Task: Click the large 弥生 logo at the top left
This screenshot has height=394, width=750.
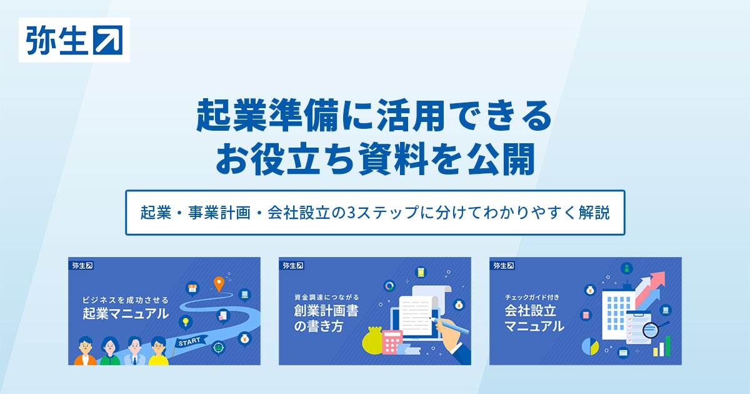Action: point(74,40)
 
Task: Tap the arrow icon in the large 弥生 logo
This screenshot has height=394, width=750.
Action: point(107,40)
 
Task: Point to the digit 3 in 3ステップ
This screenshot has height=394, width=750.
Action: point(352,213)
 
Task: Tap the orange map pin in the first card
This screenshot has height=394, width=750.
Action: point(219,284)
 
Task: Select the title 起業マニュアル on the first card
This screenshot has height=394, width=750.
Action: point(126,314)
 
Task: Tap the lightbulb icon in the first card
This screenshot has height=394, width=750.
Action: point(185,322)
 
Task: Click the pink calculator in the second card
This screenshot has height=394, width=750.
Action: point(392,343)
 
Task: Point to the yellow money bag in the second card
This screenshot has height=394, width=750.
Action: point(372,341)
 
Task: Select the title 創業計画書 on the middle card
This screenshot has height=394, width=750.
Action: point(326,311)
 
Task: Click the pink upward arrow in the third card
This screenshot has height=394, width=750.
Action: point(651,288)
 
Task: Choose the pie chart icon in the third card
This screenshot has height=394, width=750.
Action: point(590,346)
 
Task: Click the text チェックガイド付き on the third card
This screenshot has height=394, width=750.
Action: point(532,297)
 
